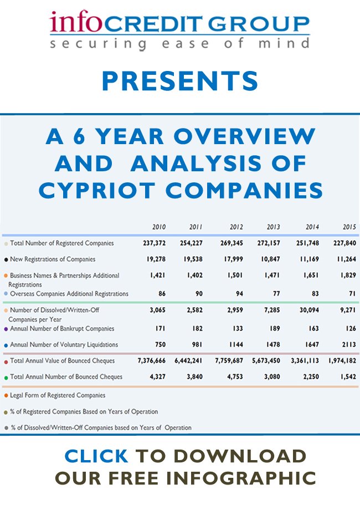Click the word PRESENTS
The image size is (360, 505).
[180, 80]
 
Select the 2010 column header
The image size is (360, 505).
[159, 227]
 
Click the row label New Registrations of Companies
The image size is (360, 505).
[53, 259]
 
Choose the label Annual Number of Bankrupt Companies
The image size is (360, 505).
[62, 329]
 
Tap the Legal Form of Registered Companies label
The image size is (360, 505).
[58, 395]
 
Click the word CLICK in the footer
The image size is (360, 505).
[96, 456]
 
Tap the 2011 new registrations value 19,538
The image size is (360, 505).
[192, 259]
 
